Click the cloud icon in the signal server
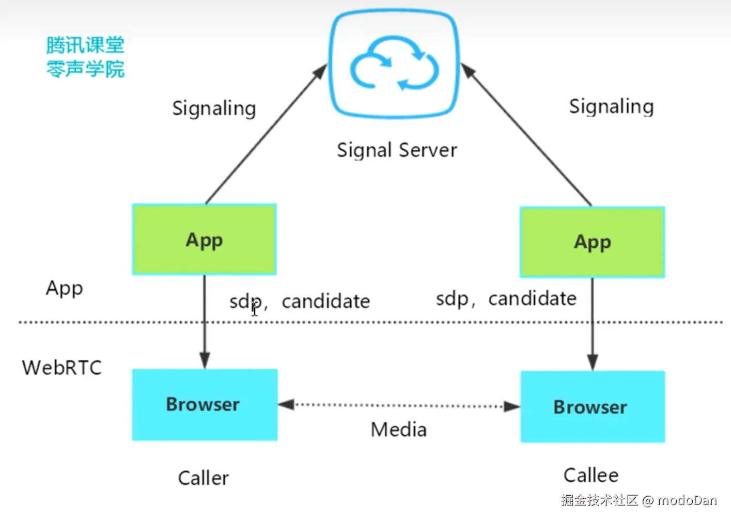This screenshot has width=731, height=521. point(395,64)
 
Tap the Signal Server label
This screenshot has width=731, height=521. point(397,150)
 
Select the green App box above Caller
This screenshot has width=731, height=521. point(205,240)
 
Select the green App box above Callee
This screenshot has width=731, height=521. point(592,242)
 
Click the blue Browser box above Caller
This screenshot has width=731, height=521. point(205,405)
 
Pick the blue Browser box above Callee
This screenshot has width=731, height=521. point(592,407)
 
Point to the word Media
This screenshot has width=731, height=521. point(399,430)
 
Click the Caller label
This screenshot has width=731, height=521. point(203,478)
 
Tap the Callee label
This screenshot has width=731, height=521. point(590,475)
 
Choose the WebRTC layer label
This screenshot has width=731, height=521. point(61,368)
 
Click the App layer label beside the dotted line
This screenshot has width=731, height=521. point(64,288)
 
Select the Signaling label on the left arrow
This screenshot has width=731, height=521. point(214,108)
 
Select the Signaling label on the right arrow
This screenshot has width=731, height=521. point(611,106)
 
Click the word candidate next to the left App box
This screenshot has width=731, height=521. point(325,301)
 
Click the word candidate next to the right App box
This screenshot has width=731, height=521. point(532,298)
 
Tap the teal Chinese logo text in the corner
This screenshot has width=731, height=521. point(85,57)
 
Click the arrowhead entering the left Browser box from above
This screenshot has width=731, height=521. point(205,360)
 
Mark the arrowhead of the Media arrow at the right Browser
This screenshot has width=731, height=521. point(512,406)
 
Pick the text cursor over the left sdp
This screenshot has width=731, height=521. point(254,309)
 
